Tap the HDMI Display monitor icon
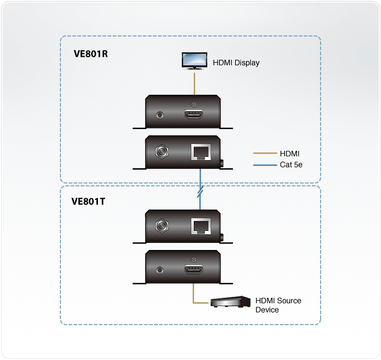pos(193,61)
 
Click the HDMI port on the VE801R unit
pos(194,115)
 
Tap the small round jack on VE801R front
pos(160,115)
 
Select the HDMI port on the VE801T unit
pos(194,269)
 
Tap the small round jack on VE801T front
pos(160,269)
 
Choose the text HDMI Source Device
pos(278,305)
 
